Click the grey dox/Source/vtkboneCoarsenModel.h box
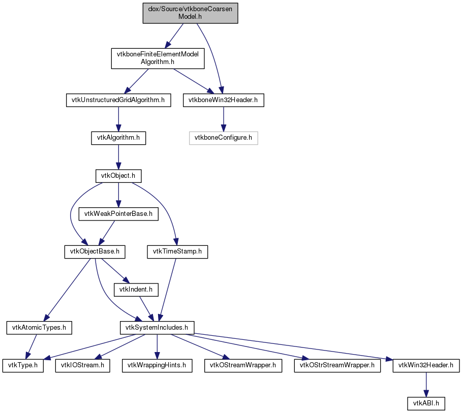tap(190, 13)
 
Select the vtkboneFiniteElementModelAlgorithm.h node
tap(158, 58)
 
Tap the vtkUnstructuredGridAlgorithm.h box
tap(118, 100)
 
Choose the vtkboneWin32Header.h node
tap(223, 100)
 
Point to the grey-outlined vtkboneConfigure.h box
tap(223, 138)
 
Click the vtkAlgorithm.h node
tap(118, 138)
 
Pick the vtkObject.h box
tap(118, 176)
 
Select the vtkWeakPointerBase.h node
tap(118, 214)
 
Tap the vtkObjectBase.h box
tap(95, 252)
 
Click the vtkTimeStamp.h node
tap(177, 252)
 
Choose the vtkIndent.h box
tap(136, 290)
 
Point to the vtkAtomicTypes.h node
tap(39, 328)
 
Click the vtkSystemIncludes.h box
tap(157, 328)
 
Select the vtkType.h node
tap(23, 366)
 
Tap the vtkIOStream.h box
tap(82, 366)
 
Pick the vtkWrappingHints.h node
tap(157, 366)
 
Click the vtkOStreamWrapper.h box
tap(243, 366)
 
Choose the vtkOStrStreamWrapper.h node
tap(337, 366)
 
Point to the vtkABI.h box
tap(426, 403)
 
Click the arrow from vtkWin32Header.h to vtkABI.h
tap(426, 385)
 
